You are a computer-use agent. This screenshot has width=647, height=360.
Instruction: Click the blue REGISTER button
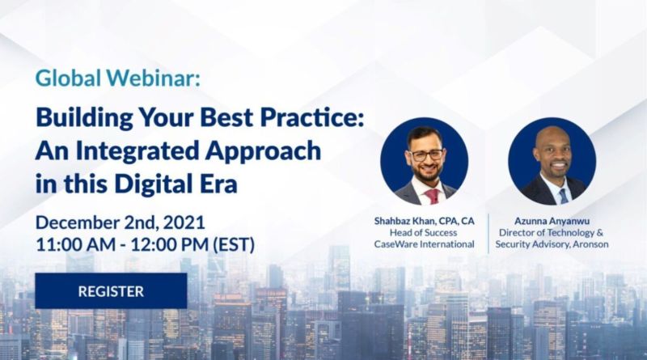pyautogui.click(x=111, y=290)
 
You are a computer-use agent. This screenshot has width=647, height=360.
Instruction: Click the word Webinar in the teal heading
pyautogui.click(x=153, y=78)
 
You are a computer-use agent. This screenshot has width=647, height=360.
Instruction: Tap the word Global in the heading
pyautogui.click(x=68, y=78)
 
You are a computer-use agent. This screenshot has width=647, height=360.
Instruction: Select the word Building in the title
pyautogui.click(x=85, y=118)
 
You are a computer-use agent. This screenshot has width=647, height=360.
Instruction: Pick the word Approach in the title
pyautogui.click(x=263, y=151)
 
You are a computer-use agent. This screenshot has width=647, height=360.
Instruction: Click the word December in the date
pyautogui.click(x=77, y=222)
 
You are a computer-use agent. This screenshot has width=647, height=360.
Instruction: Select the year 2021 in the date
pyautogui.click(x=184, y=223)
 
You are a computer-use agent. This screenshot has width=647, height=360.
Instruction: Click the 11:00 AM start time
pyautogui.click(x=75, y=244)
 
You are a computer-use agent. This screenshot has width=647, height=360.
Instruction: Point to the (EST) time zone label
pyautogui.click(x=234, y=244)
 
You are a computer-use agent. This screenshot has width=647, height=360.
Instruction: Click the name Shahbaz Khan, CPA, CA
pyautogui.click(x=424, y=222)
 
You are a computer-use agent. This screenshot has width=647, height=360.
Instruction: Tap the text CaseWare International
pyautogui.click(x=424, y=244)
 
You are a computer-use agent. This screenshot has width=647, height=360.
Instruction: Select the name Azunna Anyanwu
pyautogui.click(x=552, y=222)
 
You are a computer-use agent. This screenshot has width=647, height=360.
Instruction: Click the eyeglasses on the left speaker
pyautogui.click(x=426, y=155)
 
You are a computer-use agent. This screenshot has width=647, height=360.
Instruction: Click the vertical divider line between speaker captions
pyautogui.click(x=489, y=234)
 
